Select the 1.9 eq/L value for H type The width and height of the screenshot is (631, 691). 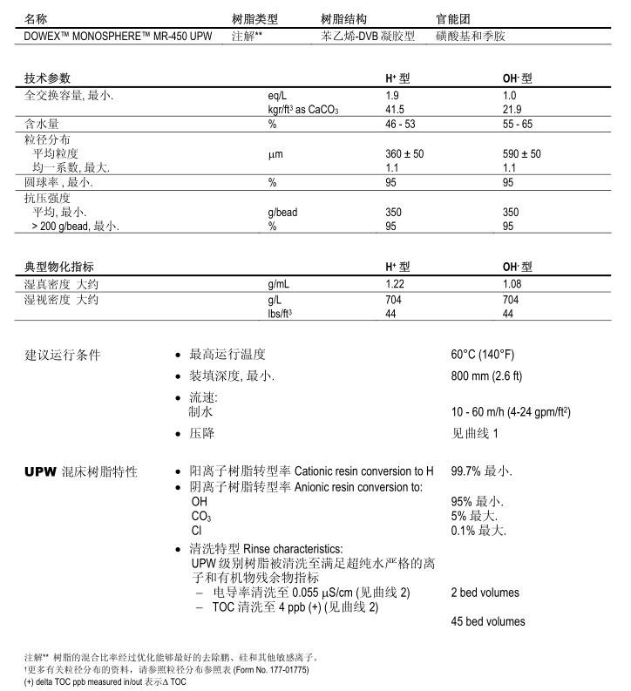pyautogui.click(x=392, y=95)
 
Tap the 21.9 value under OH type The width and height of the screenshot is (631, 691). pyautogui.click(x=512, y=109)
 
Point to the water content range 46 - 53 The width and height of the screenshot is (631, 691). pyautogui.click(x=403, y=125)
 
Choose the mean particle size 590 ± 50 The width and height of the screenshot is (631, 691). pyautogui.click(x=522, y=153)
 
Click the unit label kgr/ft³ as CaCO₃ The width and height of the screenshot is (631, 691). pyautogui.click(x=302, y=109)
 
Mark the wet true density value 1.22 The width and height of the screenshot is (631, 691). pyautogui.click(x=395, y=285)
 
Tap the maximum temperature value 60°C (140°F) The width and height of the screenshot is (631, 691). pyautogui.click(x=482, y=355)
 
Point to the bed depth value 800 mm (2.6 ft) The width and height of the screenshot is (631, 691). pyautogui.click(x=486, y=376)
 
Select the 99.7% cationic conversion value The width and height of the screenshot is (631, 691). pyautogui.click(x=481, y=471)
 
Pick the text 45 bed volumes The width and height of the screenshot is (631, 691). pyautogui.click(x=488, y=621)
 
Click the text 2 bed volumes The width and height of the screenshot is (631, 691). pyautogui.click(x=485, y=593)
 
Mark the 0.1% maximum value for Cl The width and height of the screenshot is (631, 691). pyautogui.click(x=478, y=530)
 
